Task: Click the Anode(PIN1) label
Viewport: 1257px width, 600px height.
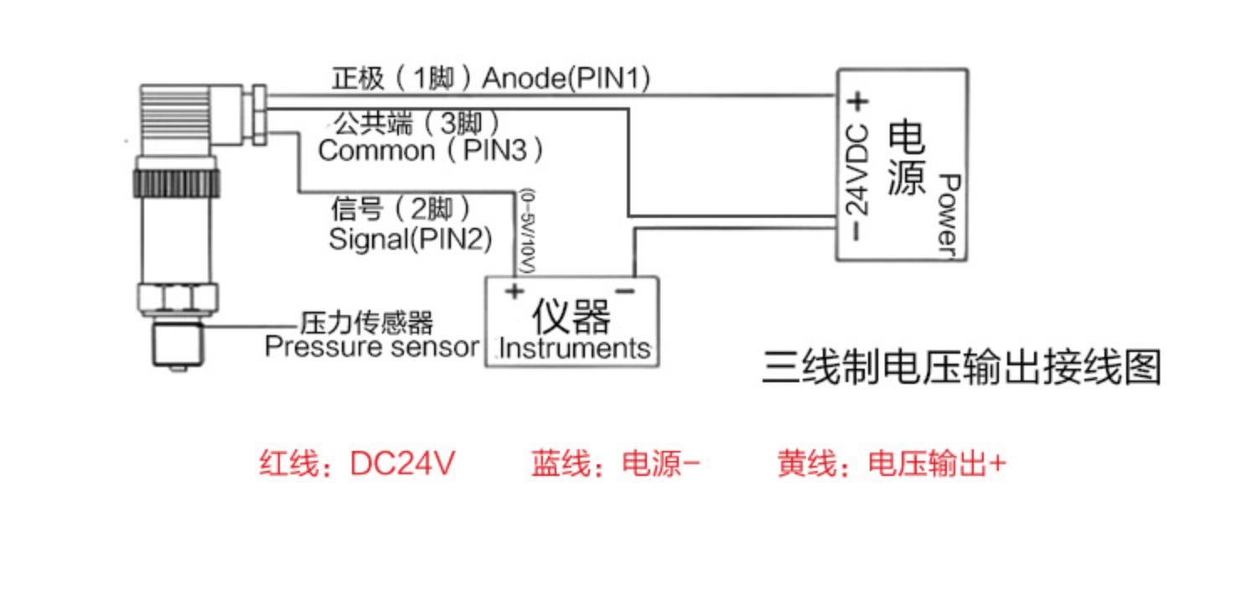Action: tap(566, 79)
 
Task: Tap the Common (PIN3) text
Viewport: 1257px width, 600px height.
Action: tap(431, 151)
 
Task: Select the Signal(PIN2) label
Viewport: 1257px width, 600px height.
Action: tap(411, 239)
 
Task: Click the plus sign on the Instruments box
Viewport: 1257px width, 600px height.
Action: tap(514, 292)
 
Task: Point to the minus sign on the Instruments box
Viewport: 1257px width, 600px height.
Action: tap(625, 291)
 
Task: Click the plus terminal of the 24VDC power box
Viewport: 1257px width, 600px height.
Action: tap(857, 101)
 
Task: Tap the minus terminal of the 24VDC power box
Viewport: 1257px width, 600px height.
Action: tap(856, 232)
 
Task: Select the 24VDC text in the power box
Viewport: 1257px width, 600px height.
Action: tap(857, 170)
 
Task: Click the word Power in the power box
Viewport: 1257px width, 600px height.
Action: tap(949, 215)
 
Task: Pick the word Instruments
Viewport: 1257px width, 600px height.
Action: tap(575, 348)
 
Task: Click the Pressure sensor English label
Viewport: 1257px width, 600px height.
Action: tap(371, 346)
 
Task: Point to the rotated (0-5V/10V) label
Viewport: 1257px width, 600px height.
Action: tap(527, 231)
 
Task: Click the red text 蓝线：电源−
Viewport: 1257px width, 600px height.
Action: tap(616, 464)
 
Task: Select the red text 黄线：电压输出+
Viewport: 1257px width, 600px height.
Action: tap(892, 464)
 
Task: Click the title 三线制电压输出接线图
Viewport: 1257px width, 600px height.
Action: tap(961, 368)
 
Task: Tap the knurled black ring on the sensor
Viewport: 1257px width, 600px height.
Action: tap(176, 183)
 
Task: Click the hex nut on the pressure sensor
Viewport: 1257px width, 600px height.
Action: tap(178, 298)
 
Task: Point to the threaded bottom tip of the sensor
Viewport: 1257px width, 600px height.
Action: tap(178, 345)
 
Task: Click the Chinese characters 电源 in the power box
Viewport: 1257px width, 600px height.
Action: tap(907, 158)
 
